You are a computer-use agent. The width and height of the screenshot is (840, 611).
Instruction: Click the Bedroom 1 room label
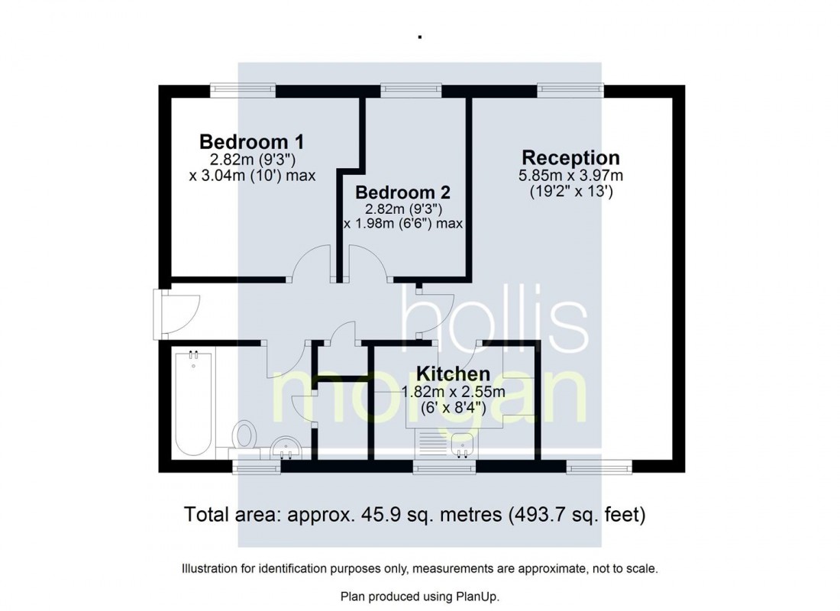(252, 142)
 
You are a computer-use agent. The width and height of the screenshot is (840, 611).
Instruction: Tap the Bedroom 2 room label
(403, 192)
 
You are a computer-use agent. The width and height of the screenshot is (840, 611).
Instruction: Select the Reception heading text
(570, 157)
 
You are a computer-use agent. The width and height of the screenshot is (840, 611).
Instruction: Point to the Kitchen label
(453, 373)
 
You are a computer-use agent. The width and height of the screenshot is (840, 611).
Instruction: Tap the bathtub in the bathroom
(193, 402)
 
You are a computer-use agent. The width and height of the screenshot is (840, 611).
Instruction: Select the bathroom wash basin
(286, 448)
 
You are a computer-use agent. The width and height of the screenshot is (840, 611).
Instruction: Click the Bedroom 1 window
(243, 90)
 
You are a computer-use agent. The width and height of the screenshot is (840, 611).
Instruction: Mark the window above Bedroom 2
(412, 90)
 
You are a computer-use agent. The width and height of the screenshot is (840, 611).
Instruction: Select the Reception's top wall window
(570, 90)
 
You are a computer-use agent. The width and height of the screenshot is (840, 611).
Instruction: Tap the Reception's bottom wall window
(599, 467)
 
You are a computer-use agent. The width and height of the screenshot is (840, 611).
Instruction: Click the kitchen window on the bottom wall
(444, 467)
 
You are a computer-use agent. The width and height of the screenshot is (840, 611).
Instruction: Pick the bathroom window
(257, 467)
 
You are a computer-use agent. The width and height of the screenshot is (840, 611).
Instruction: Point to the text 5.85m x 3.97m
(570, 175)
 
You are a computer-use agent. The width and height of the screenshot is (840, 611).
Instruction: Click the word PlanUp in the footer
(477, 596)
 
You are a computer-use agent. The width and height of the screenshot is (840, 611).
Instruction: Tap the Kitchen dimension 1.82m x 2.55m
(453, 392)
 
